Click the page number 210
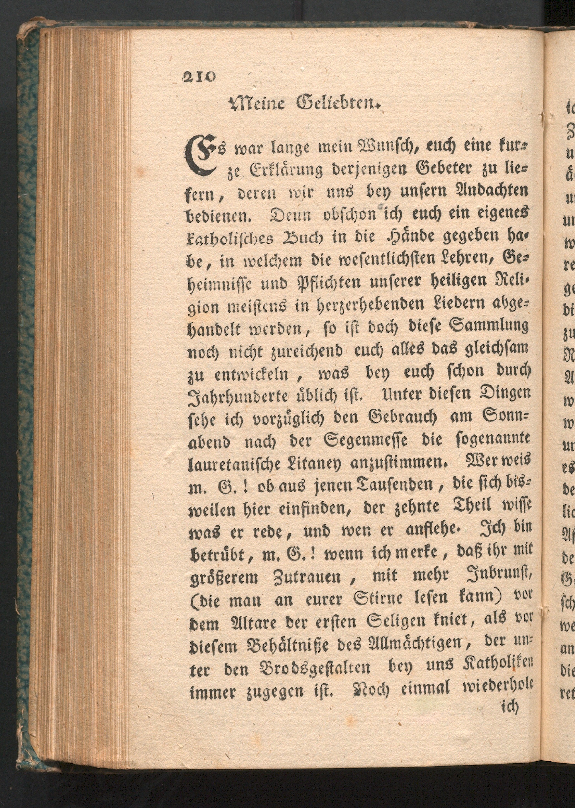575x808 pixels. coord(199,76)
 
